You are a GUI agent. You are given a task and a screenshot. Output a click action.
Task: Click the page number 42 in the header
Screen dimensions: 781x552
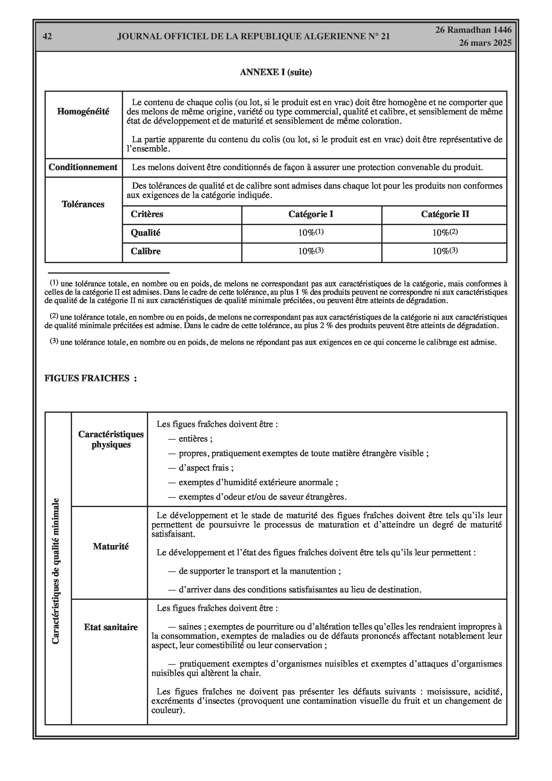(47, 36)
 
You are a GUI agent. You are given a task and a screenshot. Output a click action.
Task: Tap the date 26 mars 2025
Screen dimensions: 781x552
(485, 43)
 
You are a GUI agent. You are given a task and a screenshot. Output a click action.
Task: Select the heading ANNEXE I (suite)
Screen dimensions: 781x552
(276, 72)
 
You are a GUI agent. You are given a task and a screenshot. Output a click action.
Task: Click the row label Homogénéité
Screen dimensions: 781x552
(83, 112)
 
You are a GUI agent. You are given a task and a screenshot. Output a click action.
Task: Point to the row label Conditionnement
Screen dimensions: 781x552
(83, 167)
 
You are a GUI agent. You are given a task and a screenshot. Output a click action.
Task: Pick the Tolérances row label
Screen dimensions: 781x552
(83, 204)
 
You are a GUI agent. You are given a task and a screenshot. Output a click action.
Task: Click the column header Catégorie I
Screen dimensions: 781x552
(311, 214)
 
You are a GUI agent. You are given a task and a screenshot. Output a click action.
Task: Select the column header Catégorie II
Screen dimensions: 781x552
(445, 214)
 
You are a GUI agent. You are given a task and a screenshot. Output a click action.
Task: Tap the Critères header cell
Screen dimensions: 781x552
(147, 214)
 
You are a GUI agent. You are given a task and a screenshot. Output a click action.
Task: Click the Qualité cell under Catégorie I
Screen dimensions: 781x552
(311, 233)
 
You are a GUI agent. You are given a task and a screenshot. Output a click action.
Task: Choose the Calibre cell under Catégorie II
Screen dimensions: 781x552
(445, 251)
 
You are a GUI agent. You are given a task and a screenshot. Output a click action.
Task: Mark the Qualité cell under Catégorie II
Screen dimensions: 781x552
(445, 233)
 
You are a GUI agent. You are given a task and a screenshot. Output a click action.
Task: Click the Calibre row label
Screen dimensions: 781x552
(146, 251)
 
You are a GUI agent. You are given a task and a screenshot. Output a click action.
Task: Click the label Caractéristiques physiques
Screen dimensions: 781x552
(111, 439)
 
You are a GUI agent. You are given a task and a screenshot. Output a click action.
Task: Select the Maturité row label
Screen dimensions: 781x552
(111, 547)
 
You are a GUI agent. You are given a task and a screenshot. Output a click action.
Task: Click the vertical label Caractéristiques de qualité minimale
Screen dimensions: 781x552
(55, 571)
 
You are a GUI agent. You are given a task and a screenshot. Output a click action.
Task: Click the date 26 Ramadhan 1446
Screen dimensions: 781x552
(473, 30)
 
